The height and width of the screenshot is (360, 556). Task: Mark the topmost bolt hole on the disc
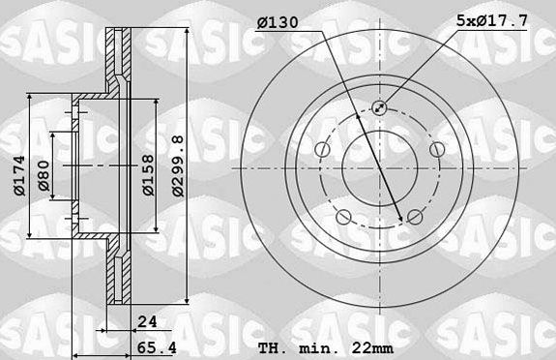click(379, 108)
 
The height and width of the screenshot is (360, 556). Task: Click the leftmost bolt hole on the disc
click(322, 149)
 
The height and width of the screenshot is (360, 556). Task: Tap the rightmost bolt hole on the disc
click(436, 149)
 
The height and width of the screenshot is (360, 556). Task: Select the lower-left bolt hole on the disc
click(343, 216)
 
